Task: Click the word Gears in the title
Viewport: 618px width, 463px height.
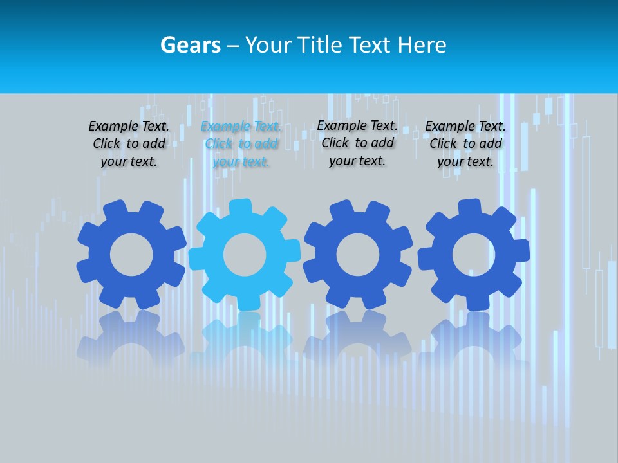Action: tap(190, 45)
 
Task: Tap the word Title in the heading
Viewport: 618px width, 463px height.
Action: tap(320, 45)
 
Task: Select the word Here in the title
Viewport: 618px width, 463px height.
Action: tap(422, 45)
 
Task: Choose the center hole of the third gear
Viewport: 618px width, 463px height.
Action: tap(357, 255)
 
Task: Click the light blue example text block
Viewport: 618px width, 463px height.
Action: tap(241, 144)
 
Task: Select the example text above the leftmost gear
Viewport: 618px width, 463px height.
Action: tap(129, 144)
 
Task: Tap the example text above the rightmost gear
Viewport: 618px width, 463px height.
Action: tap(465, 144)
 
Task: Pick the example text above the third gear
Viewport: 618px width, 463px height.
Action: tap(357, 143)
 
